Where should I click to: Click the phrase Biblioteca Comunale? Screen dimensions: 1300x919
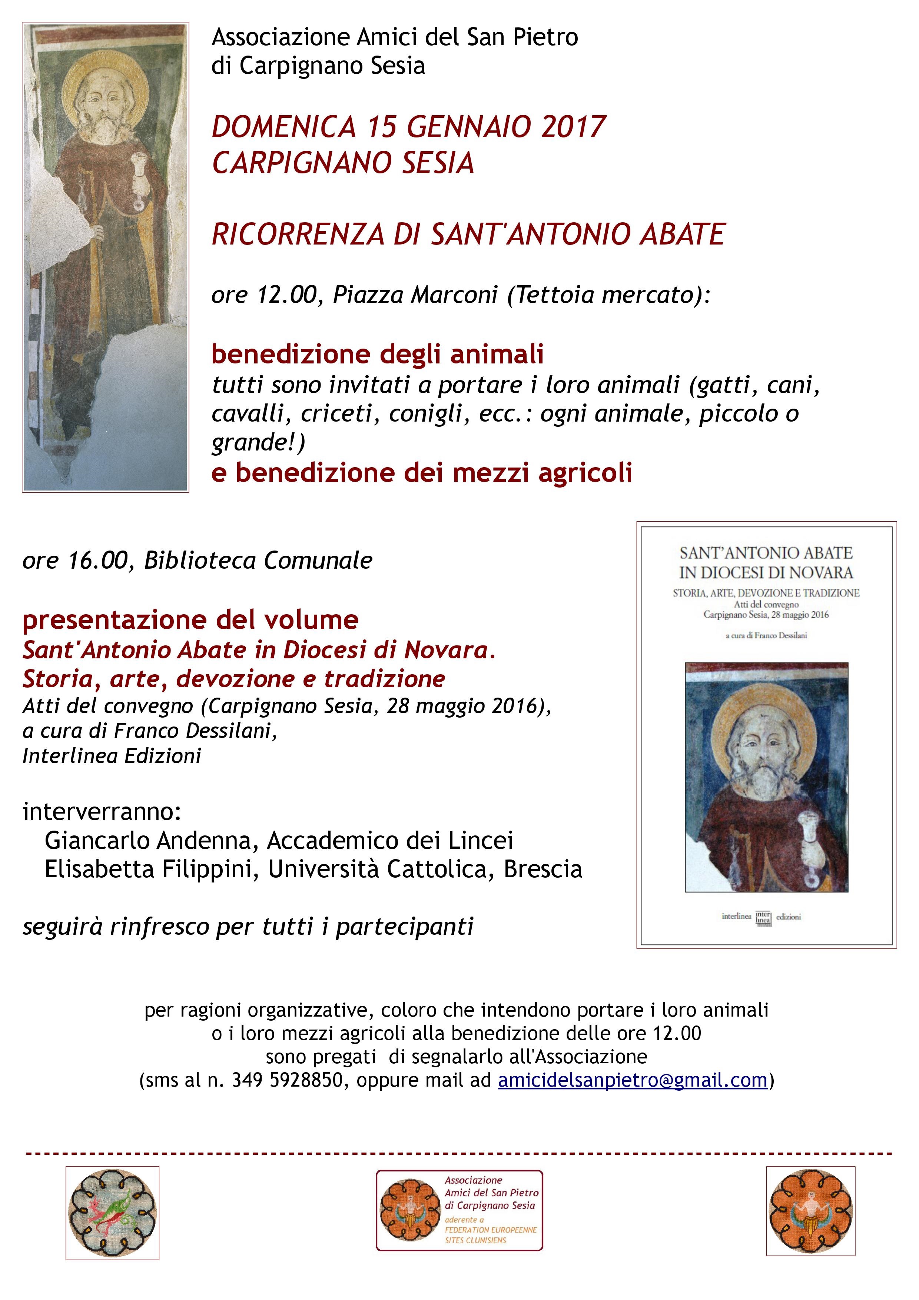tap(258, 561)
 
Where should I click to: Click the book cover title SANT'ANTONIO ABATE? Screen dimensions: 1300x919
tap(766, 553)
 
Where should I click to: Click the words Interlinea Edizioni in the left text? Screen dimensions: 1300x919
tap(112, 756)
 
